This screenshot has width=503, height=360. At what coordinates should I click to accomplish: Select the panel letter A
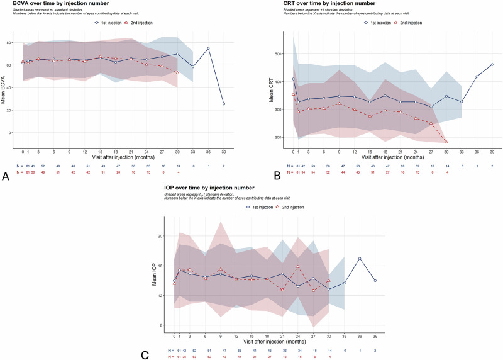coord(6,177)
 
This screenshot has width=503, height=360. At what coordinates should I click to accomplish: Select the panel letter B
coord(258,177)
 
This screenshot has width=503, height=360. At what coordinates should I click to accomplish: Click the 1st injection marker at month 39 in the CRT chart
coord(492,64)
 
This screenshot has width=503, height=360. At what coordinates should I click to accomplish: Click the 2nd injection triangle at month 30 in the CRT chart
coord(446,142)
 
